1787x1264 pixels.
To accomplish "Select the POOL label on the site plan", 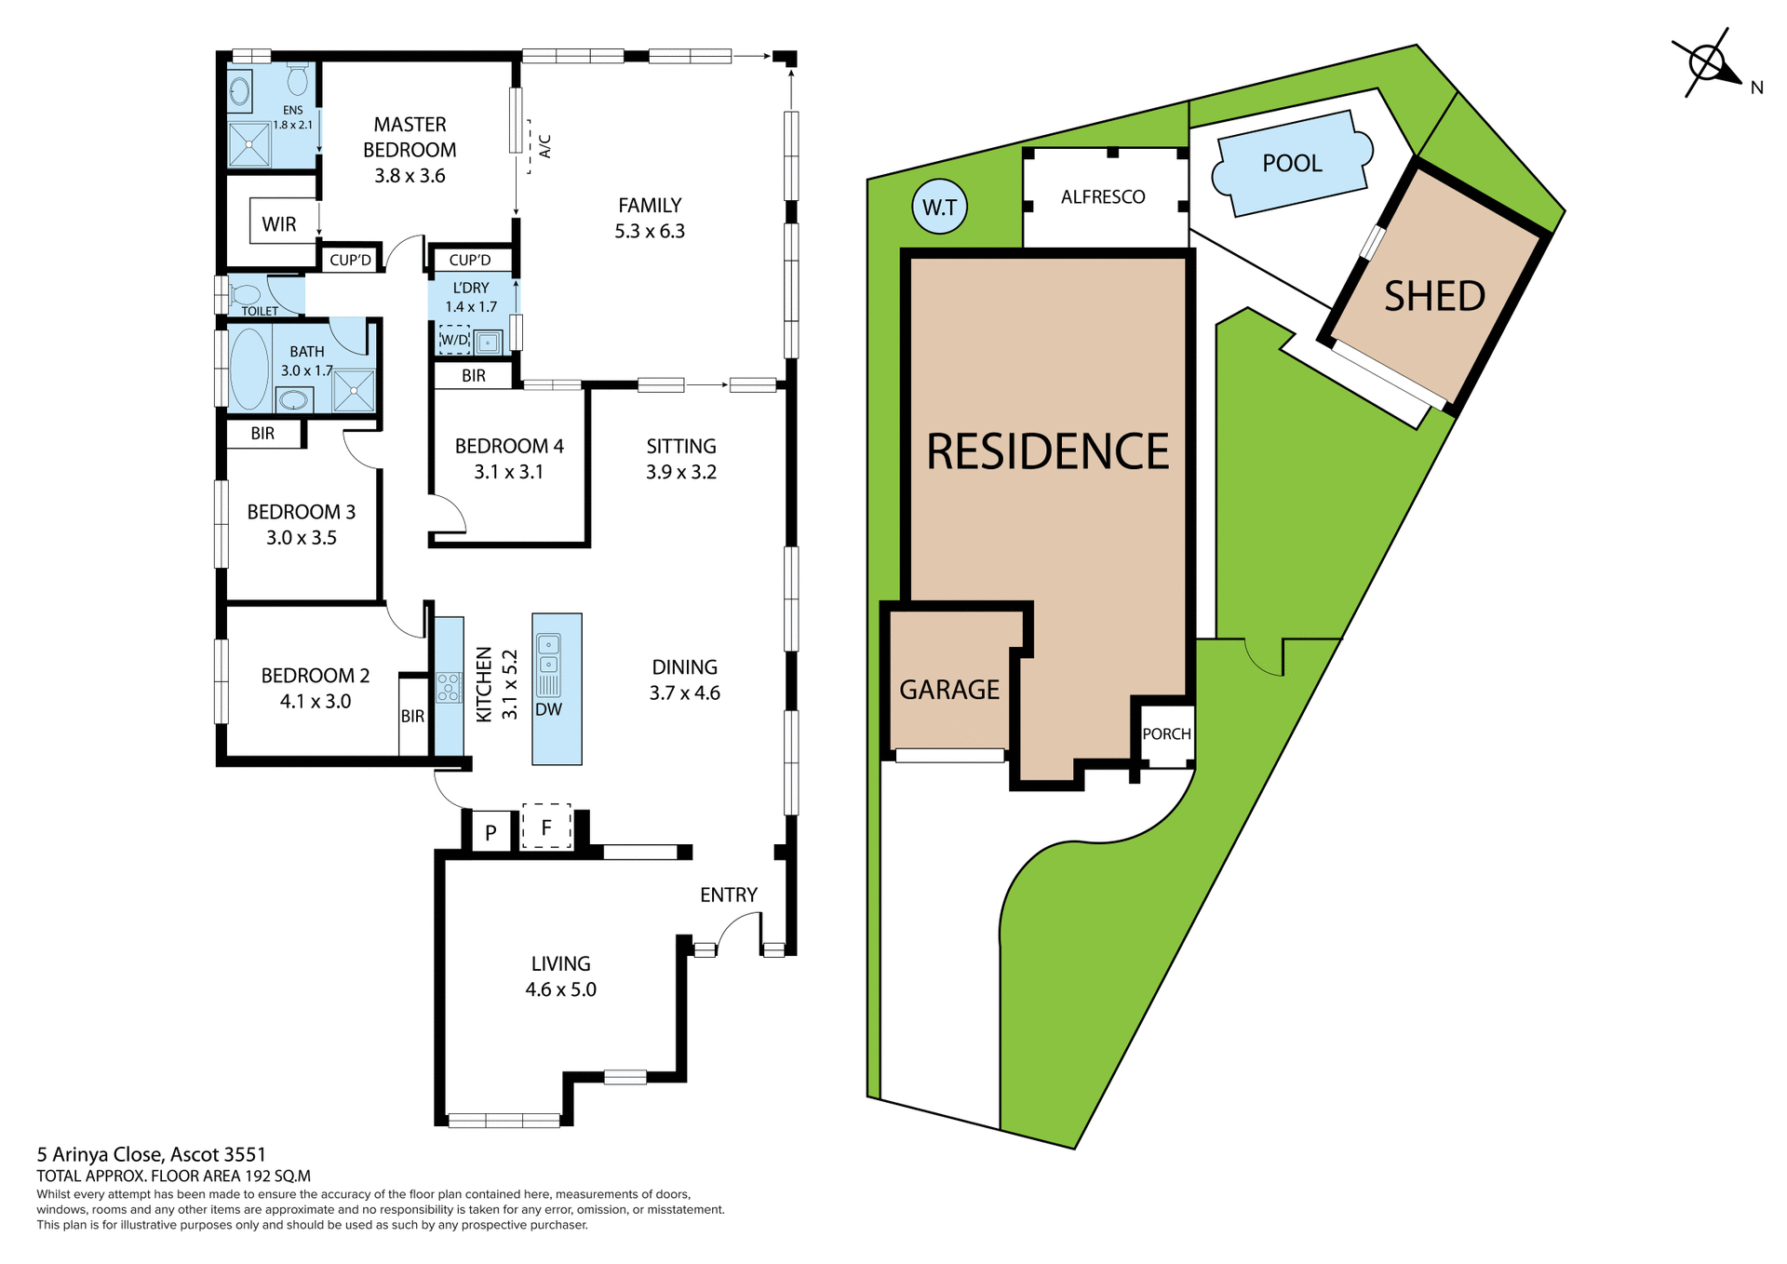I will [1292, 164].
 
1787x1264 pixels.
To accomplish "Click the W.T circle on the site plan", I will [939, 208].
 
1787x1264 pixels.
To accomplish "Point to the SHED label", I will [1434, 297].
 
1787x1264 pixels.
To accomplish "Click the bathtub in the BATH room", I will [249, 369].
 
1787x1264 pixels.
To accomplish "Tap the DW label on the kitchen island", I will [548, 709].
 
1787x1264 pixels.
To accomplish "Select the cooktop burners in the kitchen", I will [449, 688].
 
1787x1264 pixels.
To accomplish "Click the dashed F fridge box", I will [546, 827].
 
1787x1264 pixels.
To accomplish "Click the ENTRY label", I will [728, 895].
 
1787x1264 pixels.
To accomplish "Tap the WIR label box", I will [279, 224].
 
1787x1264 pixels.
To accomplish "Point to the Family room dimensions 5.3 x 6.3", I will [650, 232].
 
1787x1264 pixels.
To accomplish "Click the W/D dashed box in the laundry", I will [454, 340].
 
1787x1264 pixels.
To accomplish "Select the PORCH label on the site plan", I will [1166, 734].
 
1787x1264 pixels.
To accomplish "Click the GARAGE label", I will [949, 690].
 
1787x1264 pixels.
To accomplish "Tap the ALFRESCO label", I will [1103, 197].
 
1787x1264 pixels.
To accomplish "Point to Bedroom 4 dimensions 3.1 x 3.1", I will [508, 472].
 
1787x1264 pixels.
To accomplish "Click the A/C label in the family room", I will [545, 146].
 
